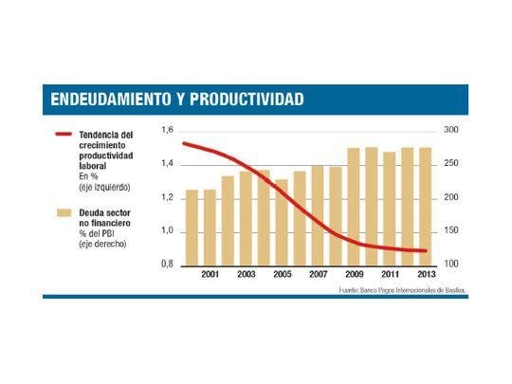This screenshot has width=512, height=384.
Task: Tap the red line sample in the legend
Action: (x=64, y=135)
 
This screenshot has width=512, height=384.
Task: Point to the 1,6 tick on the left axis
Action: (x=168, y=130)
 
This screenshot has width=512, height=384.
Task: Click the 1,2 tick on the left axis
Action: (x=168, y=197)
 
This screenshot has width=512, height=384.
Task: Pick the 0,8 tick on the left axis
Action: (x=168, y=265)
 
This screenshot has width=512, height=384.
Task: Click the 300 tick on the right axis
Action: (x=451, y=130)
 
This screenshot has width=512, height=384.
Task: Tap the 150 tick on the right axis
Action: (x=451, y=230)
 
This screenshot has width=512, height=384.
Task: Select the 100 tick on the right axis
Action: (x=451, y=265)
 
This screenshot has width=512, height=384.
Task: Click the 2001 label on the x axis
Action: (x=210, y=274)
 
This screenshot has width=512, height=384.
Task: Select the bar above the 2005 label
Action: (x=282, y=223)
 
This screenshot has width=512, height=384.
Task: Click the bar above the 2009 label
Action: (x=353, y=207)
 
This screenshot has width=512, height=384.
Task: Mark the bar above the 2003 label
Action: (x=246, y=219)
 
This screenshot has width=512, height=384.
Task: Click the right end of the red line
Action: (x=426, y=251)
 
